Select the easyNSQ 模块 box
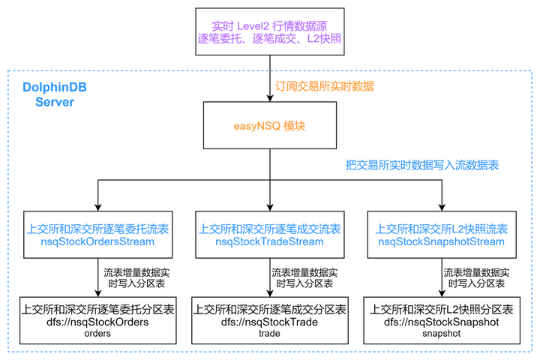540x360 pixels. pos(270,126)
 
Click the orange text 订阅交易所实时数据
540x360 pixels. pos(324,86)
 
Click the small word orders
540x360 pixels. pos(97,334)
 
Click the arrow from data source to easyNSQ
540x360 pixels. pos(270,82)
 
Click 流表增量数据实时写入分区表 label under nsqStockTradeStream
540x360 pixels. pos(304,277)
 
